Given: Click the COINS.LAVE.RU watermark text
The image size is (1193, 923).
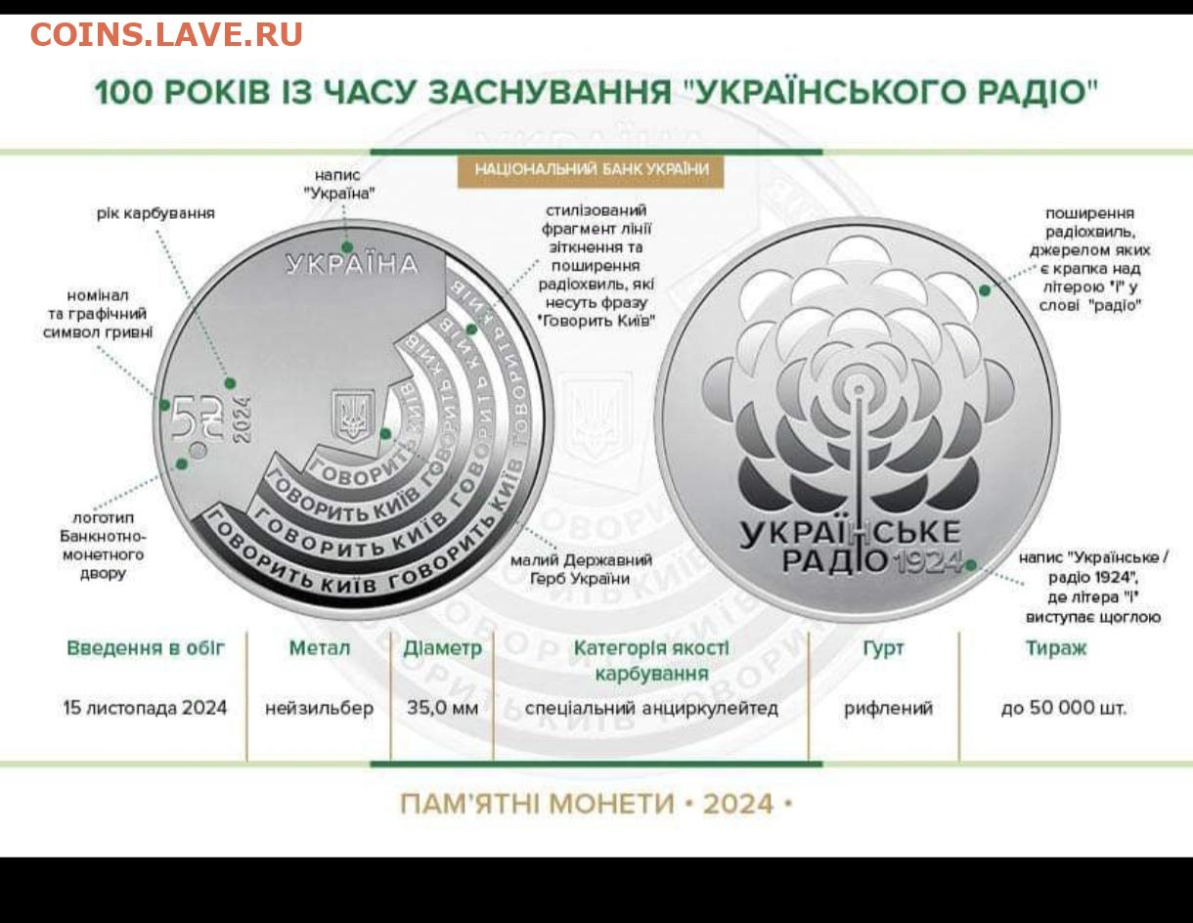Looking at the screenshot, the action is [166, 34].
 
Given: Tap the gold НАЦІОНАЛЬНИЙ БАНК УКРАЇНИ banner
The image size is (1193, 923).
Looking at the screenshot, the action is [591, 170].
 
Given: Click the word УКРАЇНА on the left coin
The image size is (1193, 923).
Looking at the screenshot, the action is [351, 265].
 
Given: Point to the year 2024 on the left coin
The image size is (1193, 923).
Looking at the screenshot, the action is [242, 419].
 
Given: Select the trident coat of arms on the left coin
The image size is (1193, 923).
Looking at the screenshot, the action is [353, 416].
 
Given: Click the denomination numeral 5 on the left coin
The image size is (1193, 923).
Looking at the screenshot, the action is [182, 418].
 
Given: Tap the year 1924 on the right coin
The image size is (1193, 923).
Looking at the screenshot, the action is [928, 561].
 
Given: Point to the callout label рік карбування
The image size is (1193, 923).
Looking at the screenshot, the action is [155, 213].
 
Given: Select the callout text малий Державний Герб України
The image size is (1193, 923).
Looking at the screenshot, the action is [581, 569].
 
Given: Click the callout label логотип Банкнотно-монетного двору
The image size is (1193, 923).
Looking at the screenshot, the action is [104, 546].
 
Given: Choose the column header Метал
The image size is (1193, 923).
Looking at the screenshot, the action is [320, 648].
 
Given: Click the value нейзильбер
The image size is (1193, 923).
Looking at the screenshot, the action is [320, 708].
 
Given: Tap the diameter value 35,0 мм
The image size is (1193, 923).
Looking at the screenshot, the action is [443, 708].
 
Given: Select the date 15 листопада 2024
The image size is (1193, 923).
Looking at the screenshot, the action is [145, 708].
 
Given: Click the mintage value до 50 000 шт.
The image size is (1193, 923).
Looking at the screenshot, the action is [1064, 708].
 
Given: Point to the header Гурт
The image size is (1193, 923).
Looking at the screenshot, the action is [883, 648].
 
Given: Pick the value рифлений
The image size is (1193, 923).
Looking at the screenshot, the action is [888, 709].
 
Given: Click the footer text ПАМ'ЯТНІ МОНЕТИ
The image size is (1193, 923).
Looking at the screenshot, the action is [537, 804].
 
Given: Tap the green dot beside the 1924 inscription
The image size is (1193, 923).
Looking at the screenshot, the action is [971, 565].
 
